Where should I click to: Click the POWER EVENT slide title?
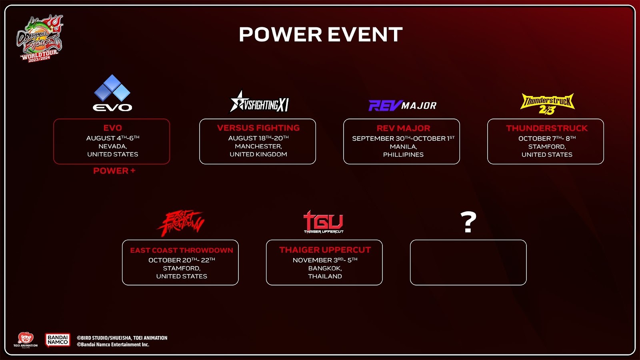320,34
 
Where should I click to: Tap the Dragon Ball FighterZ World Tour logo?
40,38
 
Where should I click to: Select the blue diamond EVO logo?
112,93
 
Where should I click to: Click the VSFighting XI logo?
259,102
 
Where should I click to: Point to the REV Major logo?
402,106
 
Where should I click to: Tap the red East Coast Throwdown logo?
180,224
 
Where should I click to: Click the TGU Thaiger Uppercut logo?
324,222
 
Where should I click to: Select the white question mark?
468,222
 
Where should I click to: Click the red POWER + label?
114,170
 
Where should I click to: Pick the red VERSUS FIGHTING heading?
258,128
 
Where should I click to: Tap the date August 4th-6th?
112,138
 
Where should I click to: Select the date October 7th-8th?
547,138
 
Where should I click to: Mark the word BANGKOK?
325,268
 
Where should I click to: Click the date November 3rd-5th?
325,260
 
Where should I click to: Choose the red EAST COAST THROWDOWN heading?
182,250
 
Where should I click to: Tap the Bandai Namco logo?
58,340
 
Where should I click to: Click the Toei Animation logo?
26,340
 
